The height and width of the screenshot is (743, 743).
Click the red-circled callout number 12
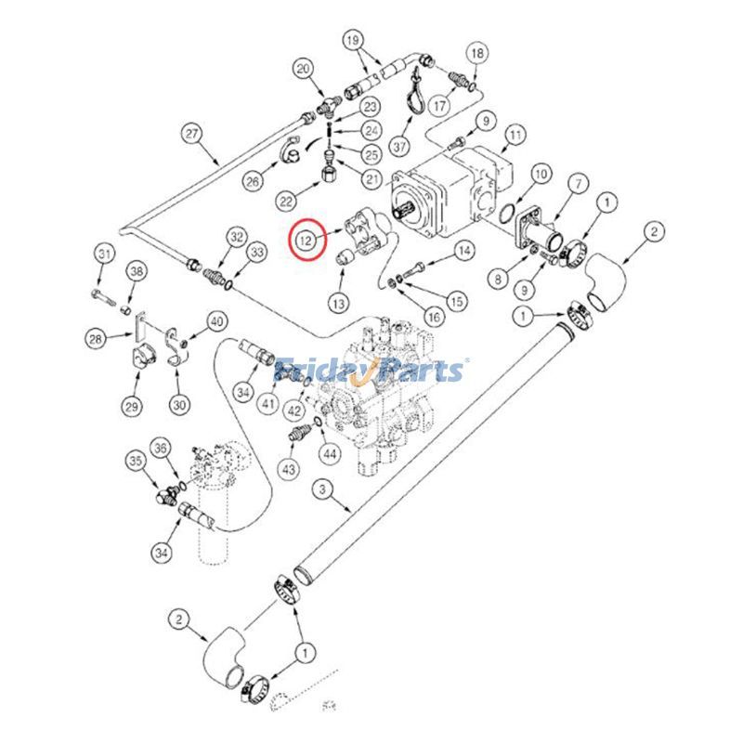[305, 241]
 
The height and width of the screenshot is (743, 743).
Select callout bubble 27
[192, 134]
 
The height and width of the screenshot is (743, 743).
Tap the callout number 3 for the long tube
[321, 489]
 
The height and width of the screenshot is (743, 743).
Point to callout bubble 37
[399, 148]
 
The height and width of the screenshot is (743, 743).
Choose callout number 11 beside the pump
[514, 139]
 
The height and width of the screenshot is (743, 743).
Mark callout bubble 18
[476, 54]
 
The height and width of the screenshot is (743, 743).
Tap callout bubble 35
[137, 460]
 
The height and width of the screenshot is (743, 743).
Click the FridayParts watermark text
[371, 371]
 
